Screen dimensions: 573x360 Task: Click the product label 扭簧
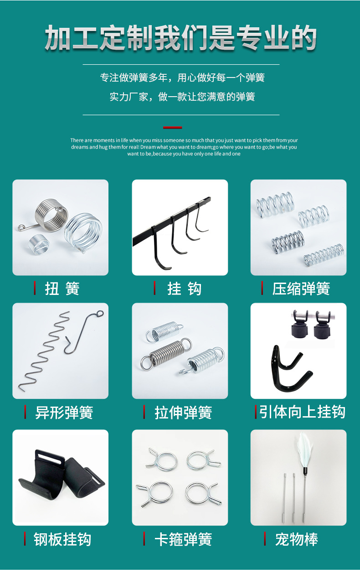(62, 289)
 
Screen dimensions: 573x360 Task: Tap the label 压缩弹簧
(301, 289)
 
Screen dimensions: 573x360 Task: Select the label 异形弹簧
(64, 413)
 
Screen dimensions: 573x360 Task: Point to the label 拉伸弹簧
(183, 413)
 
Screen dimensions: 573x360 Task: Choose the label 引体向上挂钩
(303, 412)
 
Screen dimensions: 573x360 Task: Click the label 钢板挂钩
(62, 539)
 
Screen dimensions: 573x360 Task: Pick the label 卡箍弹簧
(183, 539)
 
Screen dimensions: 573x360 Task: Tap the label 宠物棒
(296, 539)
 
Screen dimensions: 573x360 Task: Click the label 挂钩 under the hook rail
(184, 289)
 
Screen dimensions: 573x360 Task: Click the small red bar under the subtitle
(172, 128)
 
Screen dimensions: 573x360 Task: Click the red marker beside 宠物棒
(265, 539)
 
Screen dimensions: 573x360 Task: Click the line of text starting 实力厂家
(182, 97)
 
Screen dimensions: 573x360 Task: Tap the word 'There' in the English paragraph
(77, 140)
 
